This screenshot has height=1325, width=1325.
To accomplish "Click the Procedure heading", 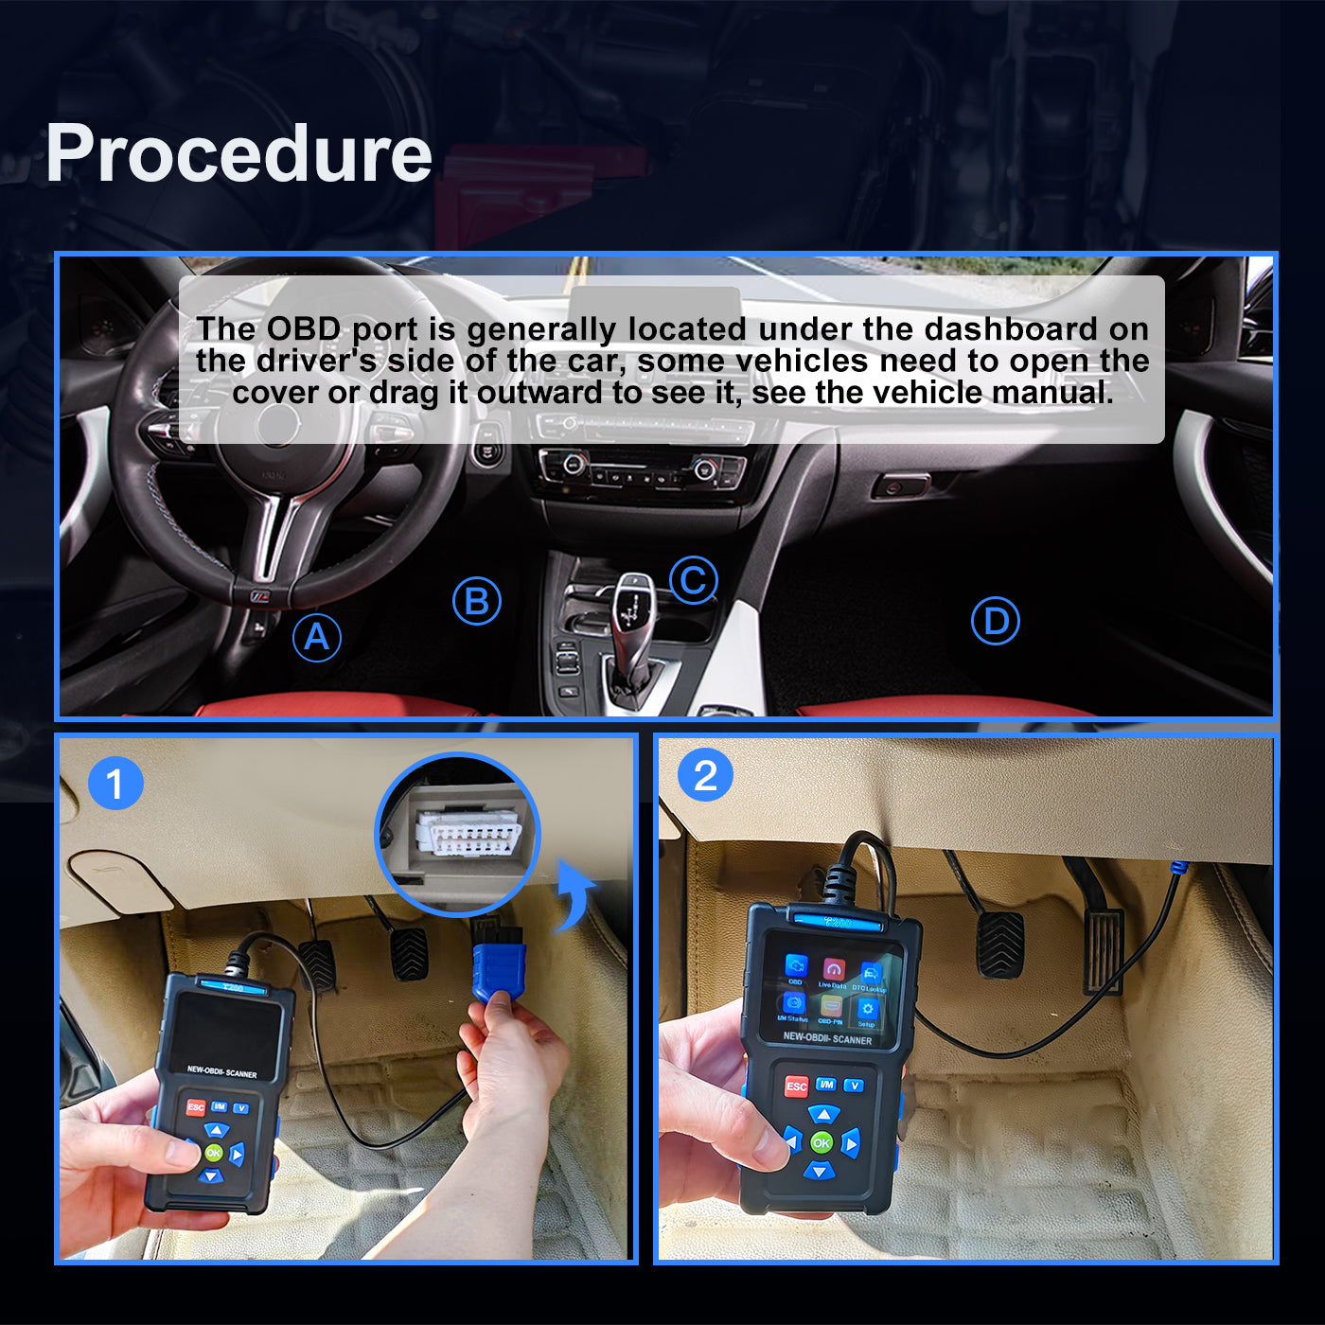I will tap(238, 153).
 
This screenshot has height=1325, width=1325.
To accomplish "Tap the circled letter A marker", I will tap(316, 637).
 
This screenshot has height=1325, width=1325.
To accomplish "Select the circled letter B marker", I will tap(476, 601).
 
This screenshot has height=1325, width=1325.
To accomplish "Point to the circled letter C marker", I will tap(693, 580).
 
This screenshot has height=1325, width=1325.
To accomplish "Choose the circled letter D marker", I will tap(995, 621).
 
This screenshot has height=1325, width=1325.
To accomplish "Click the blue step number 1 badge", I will tap(115, 784).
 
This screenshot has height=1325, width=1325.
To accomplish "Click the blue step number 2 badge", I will tap(705, 776).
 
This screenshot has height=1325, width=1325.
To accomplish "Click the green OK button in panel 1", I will tap(214, 1152).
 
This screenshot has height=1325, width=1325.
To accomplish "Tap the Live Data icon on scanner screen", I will tap(833, 972).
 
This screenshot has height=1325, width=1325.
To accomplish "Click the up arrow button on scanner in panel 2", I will tap(823, 1115).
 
